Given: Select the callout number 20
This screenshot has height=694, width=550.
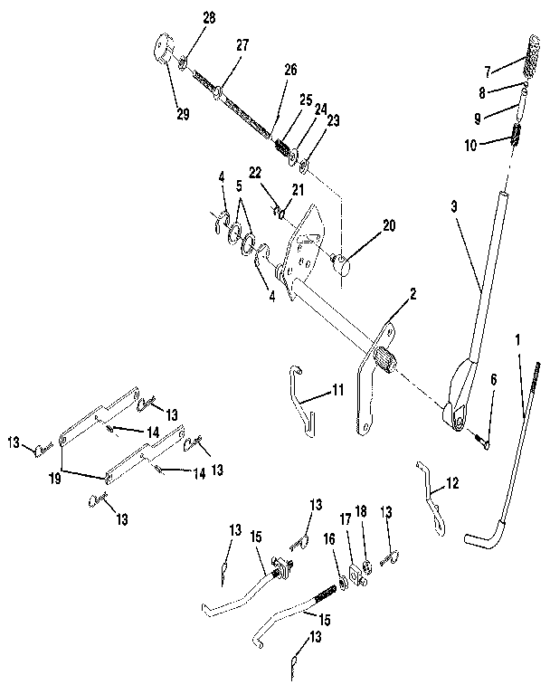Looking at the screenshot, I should click(390, 227).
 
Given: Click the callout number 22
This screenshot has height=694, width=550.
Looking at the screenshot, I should click(256, 172).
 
